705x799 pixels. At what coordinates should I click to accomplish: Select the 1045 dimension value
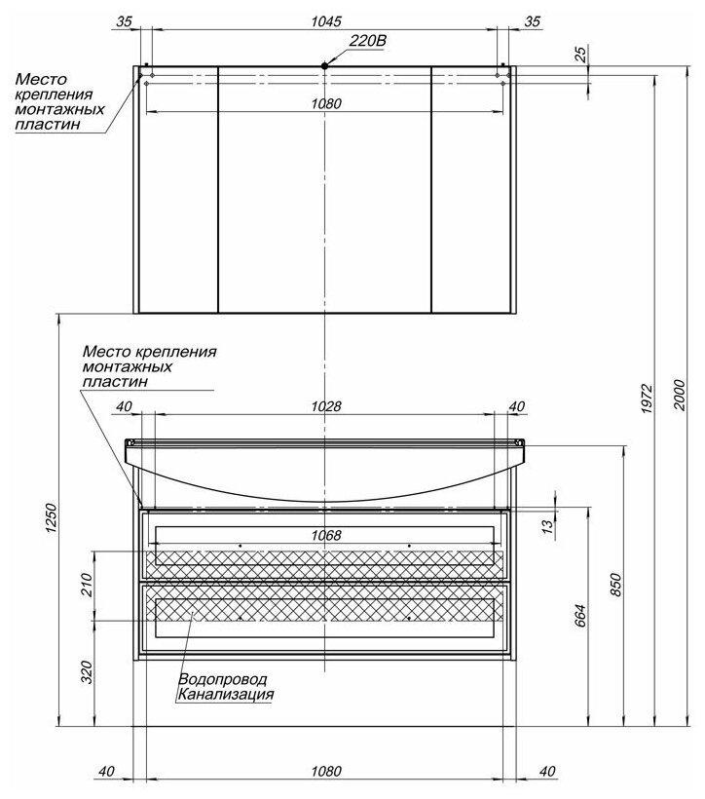[324, 20]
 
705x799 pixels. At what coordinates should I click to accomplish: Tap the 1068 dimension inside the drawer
[325, 535]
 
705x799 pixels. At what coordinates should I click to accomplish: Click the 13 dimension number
[547, 527]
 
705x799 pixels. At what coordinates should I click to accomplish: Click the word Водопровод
[222, 679]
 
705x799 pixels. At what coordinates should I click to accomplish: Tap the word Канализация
[225, 695]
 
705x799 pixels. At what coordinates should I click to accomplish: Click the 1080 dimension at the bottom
[324, 771]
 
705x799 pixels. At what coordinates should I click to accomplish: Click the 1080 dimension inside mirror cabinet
[325, 104]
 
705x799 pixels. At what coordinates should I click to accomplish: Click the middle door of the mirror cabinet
[324, 195]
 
